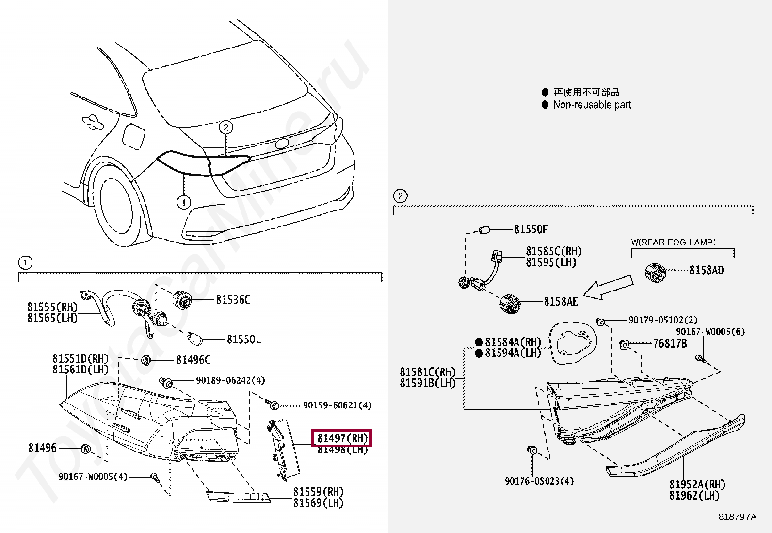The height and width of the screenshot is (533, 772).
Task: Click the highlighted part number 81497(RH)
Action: click(x=342, y=438)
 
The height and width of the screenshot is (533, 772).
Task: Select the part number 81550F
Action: click(x=531, y=229)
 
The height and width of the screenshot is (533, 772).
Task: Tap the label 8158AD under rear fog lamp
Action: click(x=706, y=270)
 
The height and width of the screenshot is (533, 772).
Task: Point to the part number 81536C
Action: click(x=233, y=300)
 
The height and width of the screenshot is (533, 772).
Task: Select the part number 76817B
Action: click(x=670, y=344)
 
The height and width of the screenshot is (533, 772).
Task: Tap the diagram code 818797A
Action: click(x=737, y=517)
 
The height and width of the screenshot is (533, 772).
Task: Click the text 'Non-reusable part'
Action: click(x=592, y=105)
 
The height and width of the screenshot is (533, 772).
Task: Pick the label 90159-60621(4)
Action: click(x=337, y=405)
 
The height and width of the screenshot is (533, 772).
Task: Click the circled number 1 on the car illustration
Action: click(x=183, y=202)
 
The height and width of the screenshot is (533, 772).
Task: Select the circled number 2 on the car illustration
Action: click(x=225, y=127)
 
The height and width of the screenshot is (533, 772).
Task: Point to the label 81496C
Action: click(x=193, y=360)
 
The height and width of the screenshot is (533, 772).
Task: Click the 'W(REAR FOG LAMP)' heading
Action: click(x=673, y=242)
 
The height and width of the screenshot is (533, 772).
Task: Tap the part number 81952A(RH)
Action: click(x=697, y=485)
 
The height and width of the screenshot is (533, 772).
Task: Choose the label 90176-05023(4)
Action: click(x=539, y=481)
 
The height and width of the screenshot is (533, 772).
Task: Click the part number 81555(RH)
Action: click(x=52, y=307)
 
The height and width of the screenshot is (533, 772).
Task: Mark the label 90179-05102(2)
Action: click(x=663, y=320)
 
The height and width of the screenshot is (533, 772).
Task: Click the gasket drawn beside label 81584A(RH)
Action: click(x=574, y=342)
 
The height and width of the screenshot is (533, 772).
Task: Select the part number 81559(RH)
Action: click(x=318, y=492)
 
